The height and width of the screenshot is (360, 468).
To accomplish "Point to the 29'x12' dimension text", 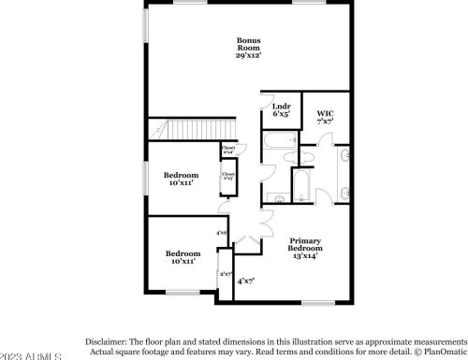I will click(248, 56).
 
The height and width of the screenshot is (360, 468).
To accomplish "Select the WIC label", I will click(325, 114).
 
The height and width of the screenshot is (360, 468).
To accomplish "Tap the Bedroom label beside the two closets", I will click(181, 175).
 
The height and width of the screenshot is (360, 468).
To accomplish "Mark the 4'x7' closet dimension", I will click(245, 281).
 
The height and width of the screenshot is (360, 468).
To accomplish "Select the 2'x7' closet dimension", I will click(225, 274).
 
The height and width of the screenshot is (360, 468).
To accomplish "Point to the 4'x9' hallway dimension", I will click(222, 233).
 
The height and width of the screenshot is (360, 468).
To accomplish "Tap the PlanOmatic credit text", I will click(440, 353).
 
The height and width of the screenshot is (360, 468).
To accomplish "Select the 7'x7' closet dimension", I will click(325, 122).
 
